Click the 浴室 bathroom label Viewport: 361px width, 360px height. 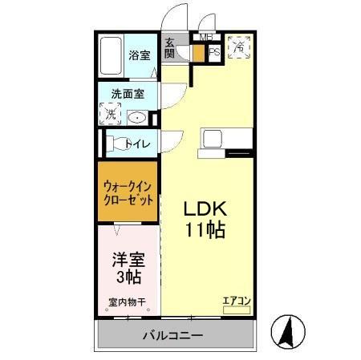139,55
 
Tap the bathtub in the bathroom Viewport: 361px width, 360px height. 112,56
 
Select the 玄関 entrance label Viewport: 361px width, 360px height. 170,48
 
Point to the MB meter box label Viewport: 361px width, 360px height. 206,38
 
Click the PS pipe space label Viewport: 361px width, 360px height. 214,53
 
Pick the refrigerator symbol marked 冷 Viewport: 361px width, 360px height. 238,47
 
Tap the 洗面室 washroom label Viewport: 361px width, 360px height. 127,93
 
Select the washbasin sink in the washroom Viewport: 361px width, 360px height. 136,117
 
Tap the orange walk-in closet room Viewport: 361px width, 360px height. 128,193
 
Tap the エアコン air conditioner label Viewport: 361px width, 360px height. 237,301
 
